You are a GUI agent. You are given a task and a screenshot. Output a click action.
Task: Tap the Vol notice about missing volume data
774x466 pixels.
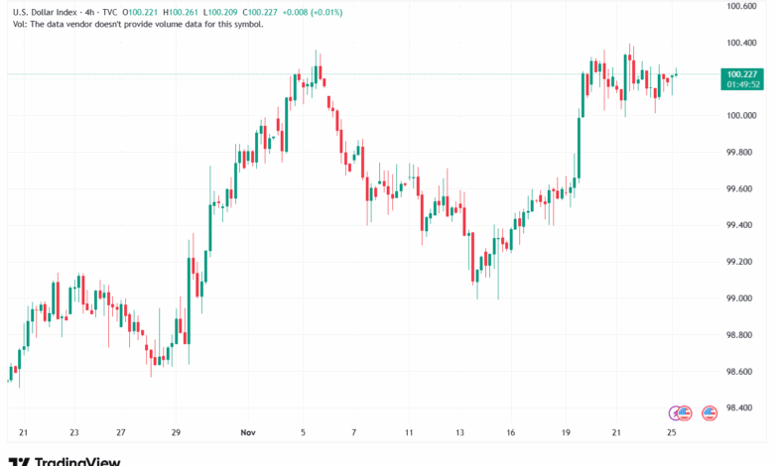135,24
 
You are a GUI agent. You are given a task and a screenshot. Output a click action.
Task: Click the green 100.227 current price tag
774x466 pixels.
742,73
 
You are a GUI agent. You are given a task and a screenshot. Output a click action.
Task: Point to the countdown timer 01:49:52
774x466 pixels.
742,84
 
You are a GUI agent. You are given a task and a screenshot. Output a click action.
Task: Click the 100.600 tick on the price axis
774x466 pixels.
742,6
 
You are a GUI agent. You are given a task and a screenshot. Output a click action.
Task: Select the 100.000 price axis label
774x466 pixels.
742,116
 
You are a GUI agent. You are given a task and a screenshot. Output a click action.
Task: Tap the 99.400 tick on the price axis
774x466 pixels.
742,225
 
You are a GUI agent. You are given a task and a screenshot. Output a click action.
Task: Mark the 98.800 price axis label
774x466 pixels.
742,335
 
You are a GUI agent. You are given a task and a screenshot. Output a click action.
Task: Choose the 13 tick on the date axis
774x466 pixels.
459,433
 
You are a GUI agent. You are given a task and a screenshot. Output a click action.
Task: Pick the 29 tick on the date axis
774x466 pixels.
176,433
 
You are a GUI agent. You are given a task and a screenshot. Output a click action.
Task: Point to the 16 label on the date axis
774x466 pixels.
510,433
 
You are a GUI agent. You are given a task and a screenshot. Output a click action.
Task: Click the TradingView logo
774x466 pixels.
64,459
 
